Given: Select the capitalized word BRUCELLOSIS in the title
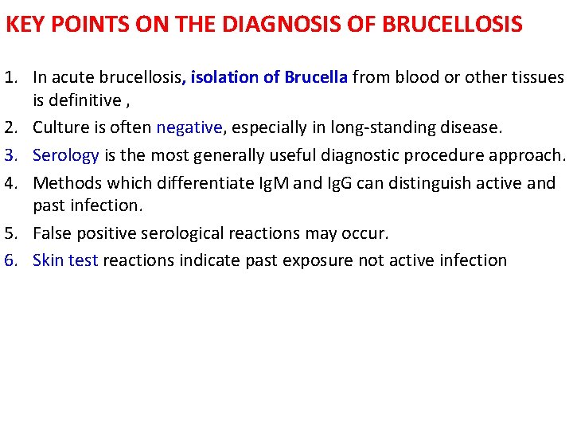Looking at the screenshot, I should click(x=453, y=25).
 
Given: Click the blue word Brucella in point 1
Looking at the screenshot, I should click(x=316, y=78).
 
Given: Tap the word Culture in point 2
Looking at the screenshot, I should click(x=60, y=127).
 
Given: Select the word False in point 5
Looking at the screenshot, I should click(x=51, y=234).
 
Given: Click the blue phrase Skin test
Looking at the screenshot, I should click(x=65, y=260).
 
